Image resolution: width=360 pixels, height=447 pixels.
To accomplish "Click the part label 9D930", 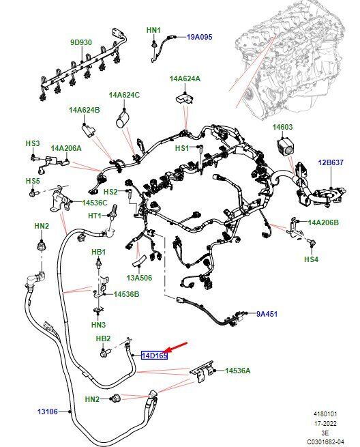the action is click(81, 42).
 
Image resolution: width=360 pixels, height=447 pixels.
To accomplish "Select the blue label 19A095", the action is click(199, 37).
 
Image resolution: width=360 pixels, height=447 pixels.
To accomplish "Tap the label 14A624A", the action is click(185, 78).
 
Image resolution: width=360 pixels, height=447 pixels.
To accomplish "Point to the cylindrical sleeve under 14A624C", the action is click(123, 119).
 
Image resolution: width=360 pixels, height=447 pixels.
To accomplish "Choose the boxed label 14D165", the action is click(154, 356).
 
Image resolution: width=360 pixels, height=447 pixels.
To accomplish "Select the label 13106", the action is click(48, 412).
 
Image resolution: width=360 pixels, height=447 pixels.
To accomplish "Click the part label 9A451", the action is click(267, 314).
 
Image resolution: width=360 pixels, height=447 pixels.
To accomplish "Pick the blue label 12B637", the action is click(331, 162).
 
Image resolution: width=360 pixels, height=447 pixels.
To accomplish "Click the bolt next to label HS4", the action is click(312, 243).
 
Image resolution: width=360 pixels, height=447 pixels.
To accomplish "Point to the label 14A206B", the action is click(323, 222).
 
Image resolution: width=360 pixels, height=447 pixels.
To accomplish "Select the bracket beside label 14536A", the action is click(202, 371).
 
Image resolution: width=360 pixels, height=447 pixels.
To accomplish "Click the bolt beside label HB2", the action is click(104, 354).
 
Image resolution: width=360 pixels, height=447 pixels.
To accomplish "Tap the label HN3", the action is click(98, 325).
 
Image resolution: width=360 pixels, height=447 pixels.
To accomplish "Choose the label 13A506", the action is click(139, 278).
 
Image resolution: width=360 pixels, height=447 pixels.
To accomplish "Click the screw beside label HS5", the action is click(33, 194).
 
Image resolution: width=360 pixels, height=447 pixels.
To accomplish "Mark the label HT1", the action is click(95, 216).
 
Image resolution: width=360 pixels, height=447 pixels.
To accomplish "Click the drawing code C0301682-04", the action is click(325, 442).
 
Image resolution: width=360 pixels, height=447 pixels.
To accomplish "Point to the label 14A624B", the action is click(85, 110).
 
